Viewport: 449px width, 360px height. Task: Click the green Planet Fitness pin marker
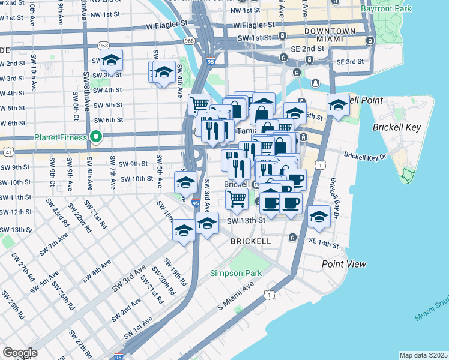pyautogui.click(x=95, y=137)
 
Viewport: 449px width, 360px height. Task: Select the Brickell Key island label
pyautogui.click(x=392, y=128)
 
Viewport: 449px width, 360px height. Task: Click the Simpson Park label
pyautogui.click(x=236, y=273)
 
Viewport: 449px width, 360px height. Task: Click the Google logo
pyautogui.click(x=20, y=353)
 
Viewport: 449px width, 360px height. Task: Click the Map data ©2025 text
pyautogui.click(x=423, y=355)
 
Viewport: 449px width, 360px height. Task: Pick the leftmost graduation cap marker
pyautogui.click(x=111, y=61)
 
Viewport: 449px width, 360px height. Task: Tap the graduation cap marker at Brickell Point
pyautogui.click(x=338, y=104)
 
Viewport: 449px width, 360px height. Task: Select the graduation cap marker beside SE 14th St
pyautogui.click(x=318, y=217)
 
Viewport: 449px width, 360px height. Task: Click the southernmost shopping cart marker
pyautogui.click(x=237, y=199)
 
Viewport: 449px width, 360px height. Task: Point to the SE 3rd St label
pyautogui.click(x=350, y=62)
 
